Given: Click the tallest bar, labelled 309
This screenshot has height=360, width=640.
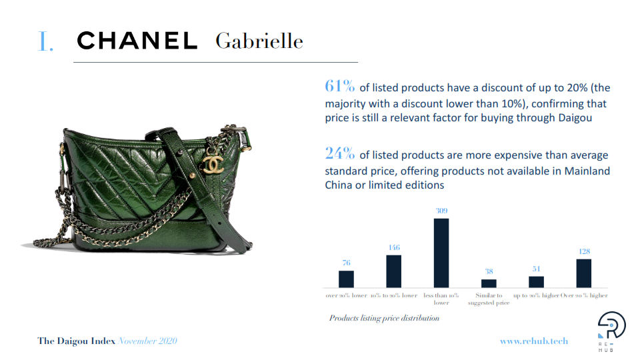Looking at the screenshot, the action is point(441,253).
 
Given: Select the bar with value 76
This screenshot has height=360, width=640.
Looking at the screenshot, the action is point(346,279).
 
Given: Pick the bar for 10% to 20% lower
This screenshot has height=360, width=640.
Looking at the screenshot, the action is point(394,271).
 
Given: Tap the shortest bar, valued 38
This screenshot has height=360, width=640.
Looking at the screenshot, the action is point(489,284).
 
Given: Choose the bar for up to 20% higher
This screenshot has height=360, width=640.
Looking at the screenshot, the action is point(536,282).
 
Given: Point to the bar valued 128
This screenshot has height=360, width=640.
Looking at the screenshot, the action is point(584,273).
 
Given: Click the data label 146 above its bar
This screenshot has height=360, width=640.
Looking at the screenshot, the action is point(394,247).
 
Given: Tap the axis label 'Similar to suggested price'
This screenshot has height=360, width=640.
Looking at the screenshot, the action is point(489,299).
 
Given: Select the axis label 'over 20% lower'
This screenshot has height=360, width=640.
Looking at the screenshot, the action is point(346,295).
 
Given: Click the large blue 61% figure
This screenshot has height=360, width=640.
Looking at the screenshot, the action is point(339,86).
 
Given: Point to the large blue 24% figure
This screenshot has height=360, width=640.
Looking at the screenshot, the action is point(339,153).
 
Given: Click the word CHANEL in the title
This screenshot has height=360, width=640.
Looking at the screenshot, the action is point(137,41).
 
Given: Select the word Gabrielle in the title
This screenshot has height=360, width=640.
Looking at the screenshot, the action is point(259,41).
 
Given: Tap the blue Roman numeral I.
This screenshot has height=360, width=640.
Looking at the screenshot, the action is point(45,41).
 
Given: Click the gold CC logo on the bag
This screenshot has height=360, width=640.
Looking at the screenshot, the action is point(213,164).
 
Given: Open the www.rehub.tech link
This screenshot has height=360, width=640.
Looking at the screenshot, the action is point(534,341).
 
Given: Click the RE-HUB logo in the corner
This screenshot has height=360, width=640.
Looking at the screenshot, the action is point(611,331).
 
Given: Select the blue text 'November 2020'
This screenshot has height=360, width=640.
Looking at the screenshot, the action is point(147,341).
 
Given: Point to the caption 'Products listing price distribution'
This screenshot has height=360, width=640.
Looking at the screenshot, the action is point(384,318).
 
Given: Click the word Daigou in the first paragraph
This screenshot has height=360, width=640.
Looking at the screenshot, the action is point(575,118).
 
